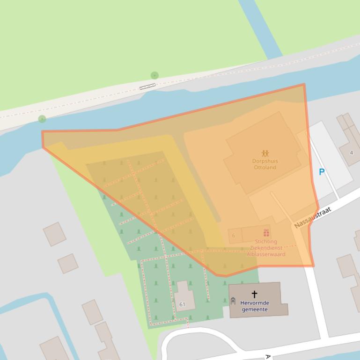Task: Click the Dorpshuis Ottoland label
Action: pos(264,164)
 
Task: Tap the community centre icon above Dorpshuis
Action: pos(265,153)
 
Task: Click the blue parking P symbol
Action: pos(322,172)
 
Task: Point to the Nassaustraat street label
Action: pos(313,218)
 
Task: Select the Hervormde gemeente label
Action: pos(255,306)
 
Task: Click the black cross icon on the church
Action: pos(254,294)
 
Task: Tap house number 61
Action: pos(182,304)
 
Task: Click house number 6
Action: pos(234,236)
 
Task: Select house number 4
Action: pos(351,153)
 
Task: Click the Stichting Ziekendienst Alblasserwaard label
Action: pos(266,248)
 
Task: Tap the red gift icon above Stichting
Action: pos(266,233)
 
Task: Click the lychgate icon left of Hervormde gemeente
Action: pos(233,301)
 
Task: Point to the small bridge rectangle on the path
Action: pos(147,86)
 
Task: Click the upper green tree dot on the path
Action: pos(154,75)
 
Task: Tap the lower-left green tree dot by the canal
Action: pos(42,119)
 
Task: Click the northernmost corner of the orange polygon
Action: pos(304,85)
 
